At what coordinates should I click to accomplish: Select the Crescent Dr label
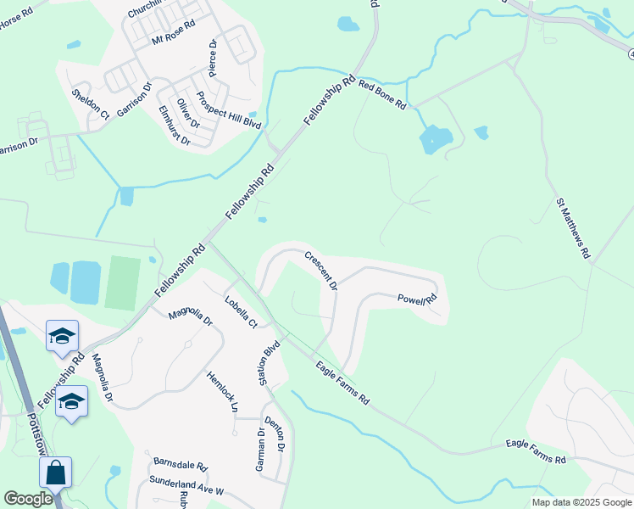(x=321, y=270)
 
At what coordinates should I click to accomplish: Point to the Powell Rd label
(x=417, y=299)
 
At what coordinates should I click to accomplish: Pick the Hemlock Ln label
(x=222, y=391)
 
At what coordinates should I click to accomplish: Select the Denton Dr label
(x=273, y=433)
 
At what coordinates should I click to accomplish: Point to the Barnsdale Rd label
(x=181, y=465)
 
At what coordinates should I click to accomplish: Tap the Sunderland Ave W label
(x=184, y=486)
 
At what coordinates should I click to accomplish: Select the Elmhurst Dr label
(x=175, y=126)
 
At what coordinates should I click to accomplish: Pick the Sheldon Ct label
(x=91, y=103)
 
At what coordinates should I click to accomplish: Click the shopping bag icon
(x=55, y=473)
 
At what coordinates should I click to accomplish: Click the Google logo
(x=28, y=499)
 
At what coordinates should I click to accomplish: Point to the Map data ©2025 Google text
(x=581, y=502)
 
